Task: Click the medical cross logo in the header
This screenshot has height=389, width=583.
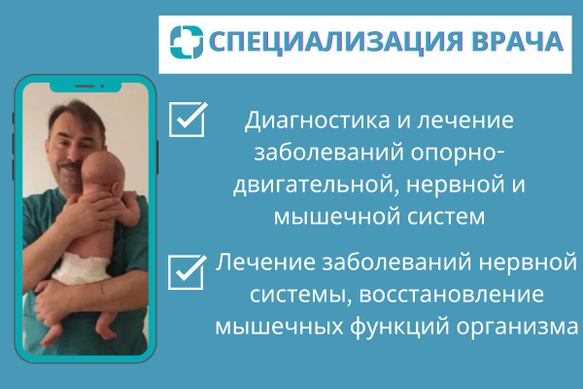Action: point(187,42)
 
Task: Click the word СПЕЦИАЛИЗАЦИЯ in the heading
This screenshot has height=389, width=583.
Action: point(336,42)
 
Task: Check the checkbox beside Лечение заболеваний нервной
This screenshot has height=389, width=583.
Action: point(188,272)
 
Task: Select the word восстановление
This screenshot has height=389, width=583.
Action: point(452,295)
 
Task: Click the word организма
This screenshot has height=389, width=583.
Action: point(517,328)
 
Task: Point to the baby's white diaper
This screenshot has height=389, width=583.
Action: point(81,266)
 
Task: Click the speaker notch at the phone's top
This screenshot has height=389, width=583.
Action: point(86,87)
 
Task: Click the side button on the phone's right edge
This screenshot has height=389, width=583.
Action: point(157,158)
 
